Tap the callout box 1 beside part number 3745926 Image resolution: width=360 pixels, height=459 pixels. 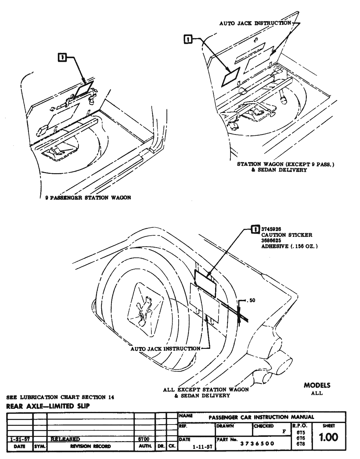255,229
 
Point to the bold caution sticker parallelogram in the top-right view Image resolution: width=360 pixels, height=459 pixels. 231,76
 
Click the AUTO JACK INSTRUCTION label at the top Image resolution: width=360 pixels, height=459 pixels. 255,23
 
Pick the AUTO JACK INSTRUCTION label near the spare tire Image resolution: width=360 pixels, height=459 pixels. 165,349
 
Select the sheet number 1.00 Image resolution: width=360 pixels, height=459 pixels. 328,437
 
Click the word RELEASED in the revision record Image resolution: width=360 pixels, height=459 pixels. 65,439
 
